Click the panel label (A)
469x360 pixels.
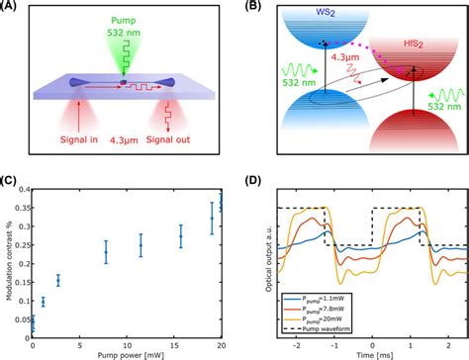tap(12, 8)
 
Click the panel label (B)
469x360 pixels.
tap(247, 8)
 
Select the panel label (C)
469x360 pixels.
tap(12, 181)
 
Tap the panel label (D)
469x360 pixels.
tap(247, 181)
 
